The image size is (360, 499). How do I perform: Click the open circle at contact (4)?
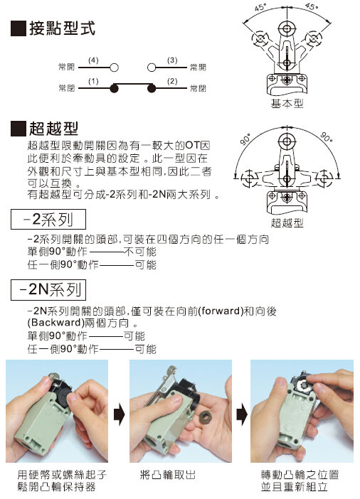[x=114, y=68]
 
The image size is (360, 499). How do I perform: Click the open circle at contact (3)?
[x=152, y=68]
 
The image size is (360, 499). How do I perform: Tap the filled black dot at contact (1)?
[x=114, y=88]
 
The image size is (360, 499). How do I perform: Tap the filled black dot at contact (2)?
[x=152, y=88]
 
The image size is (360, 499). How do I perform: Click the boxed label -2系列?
[x=48, y=219]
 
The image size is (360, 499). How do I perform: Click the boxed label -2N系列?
[x=48, y=289]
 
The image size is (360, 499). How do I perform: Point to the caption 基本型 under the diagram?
[x=287, y=104]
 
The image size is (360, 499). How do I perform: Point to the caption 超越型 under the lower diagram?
[x=287, y=222]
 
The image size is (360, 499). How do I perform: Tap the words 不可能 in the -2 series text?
[x=140, y=252]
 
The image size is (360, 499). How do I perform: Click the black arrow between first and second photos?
[x=119, y=414]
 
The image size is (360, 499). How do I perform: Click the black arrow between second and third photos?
[x=242, y=414]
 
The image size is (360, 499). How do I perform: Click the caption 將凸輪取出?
[x=168, y=475]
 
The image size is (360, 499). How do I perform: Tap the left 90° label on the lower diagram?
[x=245, y=139]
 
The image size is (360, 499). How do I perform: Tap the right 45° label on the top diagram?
[x=311, y=6]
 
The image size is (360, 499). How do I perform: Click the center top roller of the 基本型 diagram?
[x=287, y=29]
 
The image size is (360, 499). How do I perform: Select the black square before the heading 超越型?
[x=18, y=129]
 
